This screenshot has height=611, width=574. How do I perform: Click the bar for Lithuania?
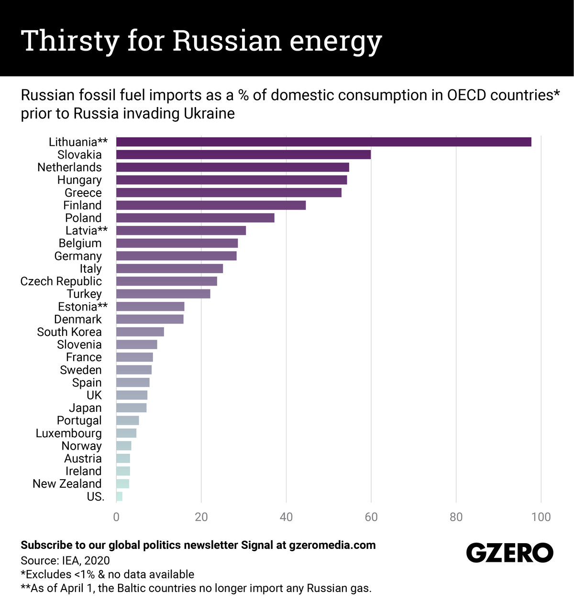[x=323, y=142]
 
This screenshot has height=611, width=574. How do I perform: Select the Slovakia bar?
[x=243, y=154]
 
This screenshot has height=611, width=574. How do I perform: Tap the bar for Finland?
[x=211, y=205]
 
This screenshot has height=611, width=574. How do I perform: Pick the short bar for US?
[x=119, y=496]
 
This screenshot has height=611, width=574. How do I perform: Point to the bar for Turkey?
[x=163, y=294]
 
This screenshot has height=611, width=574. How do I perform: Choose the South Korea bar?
[x=140, y=332]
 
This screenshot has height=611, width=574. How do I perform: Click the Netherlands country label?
[x=69, y=167]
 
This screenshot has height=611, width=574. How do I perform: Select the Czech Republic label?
[x=61, y=281]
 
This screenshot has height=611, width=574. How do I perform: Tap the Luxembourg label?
[x=68, y=433]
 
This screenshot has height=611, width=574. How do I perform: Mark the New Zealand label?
[x=67, y=484]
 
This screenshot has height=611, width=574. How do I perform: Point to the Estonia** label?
[x=83, y=307]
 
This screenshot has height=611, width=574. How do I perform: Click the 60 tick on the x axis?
[x=371, y=517]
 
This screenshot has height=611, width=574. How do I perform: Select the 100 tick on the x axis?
[x=541, y=517]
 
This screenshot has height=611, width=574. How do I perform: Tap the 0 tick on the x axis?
[x=116, y=517]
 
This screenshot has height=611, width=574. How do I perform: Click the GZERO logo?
[x=509, y=553]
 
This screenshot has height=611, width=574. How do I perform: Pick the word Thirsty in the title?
[x=70, y=41]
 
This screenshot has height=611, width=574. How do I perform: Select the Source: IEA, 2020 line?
[x=65, y=560]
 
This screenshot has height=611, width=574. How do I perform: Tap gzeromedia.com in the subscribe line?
[x=332, y=545]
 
